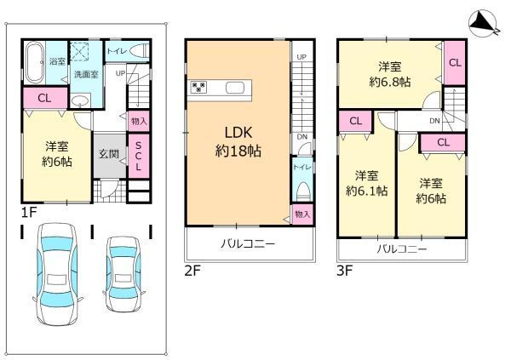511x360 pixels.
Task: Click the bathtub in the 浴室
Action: coord(34,62)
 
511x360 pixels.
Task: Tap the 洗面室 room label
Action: coord(86,74)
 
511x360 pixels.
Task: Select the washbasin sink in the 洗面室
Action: coord(80,101)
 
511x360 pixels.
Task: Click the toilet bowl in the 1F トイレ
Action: coord(139,51)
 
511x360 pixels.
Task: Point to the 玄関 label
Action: coord(109,154)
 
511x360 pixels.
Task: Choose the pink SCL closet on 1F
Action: coord(139,156)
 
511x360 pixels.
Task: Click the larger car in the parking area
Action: coord(59,274)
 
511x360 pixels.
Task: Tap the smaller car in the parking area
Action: coord(123,274)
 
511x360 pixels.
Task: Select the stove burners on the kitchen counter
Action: coord(198,87)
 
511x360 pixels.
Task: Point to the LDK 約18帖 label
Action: coord(238,142)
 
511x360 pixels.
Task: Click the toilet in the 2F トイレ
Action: coord(302,191)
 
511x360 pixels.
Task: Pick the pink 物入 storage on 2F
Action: coord(302,214)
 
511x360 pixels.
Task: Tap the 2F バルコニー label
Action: coord(248,243)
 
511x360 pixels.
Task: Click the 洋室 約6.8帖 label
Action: coord(390,74)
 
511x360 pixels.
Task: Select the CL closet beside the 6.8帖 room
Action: coord(455,62)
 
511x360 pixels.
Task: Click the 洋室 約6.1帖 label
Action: coord(366,183)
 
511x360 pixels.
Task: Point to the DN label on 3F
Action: coord(434,121)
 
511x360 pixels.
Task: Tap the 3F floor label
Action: coord(344,271)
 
